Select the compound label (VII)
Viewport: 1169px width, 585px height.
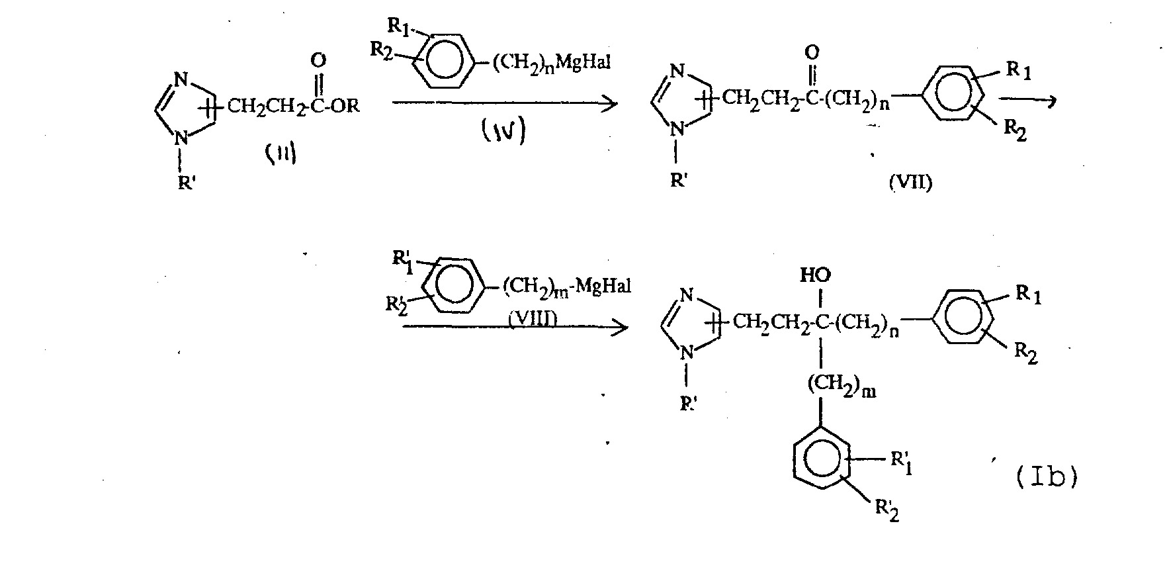click(x=910, y=183)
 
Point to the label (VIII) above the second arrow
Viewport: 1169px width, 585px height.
click(x=533, y=319)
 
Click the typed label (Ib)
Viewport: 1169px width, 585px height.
click(x=1045, y=476)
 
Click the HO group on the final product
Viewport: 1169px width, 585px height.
click(x=815, y=275)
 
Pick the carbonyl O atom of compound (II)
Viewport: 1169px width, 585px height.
click(x=319, y=61)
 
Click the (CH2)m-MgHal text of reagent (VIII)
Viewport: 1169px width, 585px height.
click(x=566, y=287)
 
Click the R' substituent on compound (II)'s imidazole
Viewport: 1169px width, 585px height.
click(x=186, y=183)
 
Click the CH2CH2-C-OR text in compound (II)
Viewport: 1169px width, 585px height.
click(x=293, y=106)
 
